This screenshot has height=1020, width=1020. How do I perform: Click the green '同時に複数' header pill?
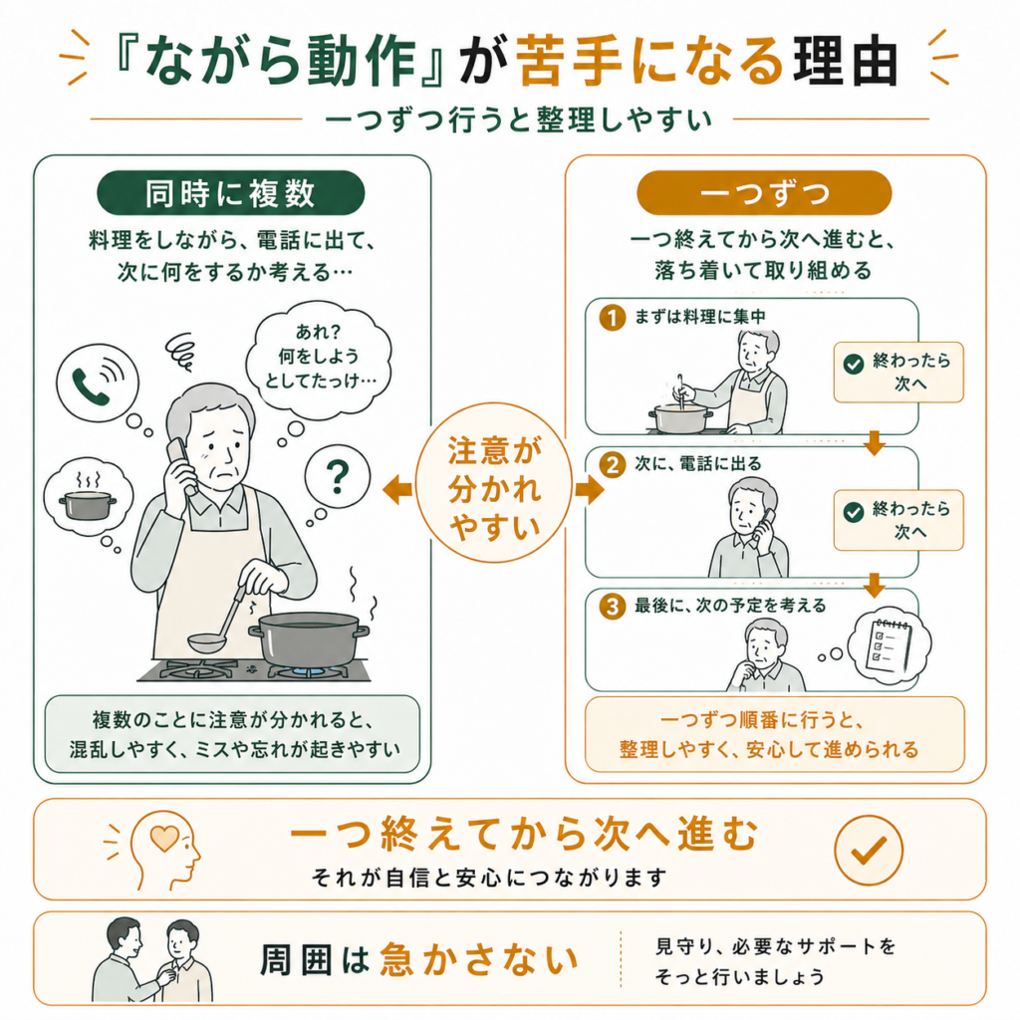230,193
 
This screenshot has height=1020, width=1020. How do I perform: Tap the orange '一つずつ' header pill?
764,193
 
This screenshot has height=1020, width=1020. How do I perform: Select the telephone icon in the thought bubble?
98,383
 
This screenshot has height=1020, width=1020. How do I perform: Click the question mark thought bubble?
337,477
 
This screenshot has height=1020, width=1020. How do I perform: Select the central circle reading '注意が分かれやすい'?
494,483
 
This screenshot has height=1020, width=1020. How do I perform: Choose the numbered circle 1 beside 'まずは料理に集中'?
613,318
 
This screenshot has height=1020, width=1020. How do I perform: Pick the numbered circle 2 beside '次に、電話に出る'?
613,464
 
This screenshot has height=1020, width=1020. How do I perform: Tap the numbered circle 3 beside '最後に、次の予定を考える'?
613,607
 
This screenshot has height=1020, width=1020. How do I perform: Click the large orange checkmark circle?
869,850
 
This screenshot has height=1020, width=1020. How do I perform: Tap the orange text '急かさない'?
479,960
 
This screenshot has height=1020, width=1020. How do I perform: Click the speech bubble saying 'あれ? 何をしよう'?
318,358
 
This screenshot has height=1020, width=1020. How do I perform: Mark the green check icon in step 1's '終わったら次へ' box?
853,364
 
